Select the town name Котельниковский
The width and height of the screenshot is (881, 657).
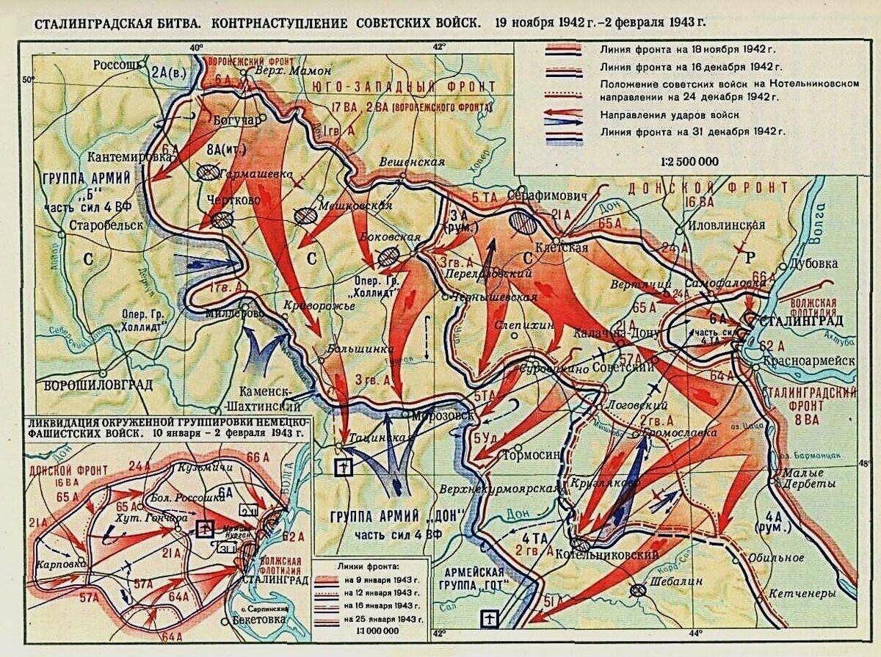618,556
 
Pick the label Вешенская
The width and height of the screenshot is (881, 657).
413,161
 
